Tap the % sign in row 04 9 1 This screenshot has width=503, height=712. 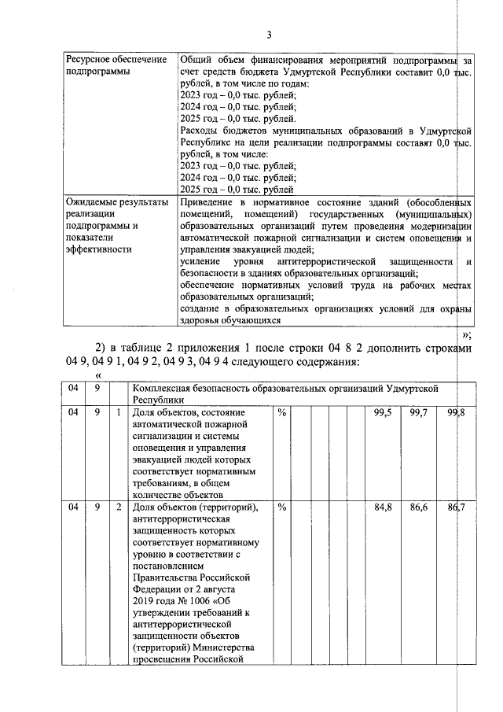click(281, 412)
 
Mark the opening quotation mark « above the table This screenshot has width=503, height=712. click(98, 377)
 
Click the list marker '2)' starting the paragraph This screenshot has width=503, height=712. click(100, 349)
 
